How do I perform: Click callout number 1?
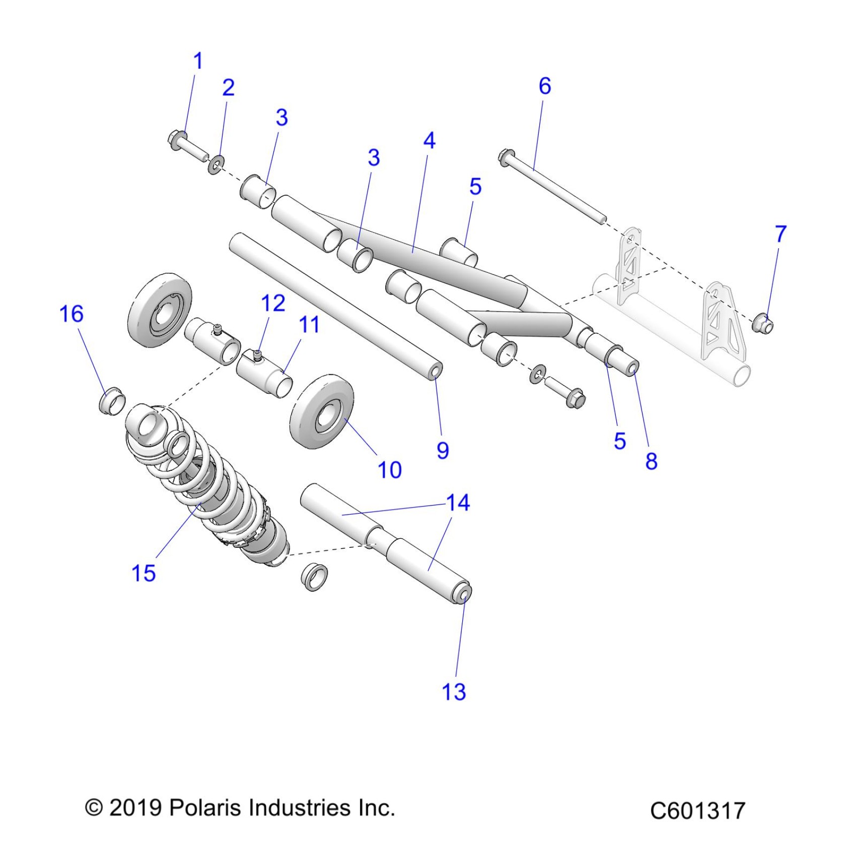[x=198, y=61]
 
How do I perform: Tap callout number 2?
[x=228, y=88]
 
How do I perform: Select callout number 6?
[x=545, y=86]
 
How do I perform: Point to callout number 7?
[x=780, y=234]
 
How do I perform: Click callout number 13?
[x=454, y=692]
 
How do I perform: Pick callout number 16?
[x=71, y=314]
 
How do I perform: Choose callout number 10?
[x=389, y=470]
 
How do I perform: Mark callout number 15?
[x=144, y=573]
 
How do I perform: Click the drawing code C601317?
[x=697, y=811]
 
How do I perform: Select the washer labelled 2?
[x=217, y=164]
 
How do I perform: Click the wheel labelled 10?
[x=322, y=411]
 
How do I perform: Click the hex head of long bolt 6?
[x=505, y=157]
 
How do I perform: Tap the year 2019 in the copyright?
[x=135, y=808]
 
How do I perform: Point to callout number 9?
[x=443, y=450]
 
